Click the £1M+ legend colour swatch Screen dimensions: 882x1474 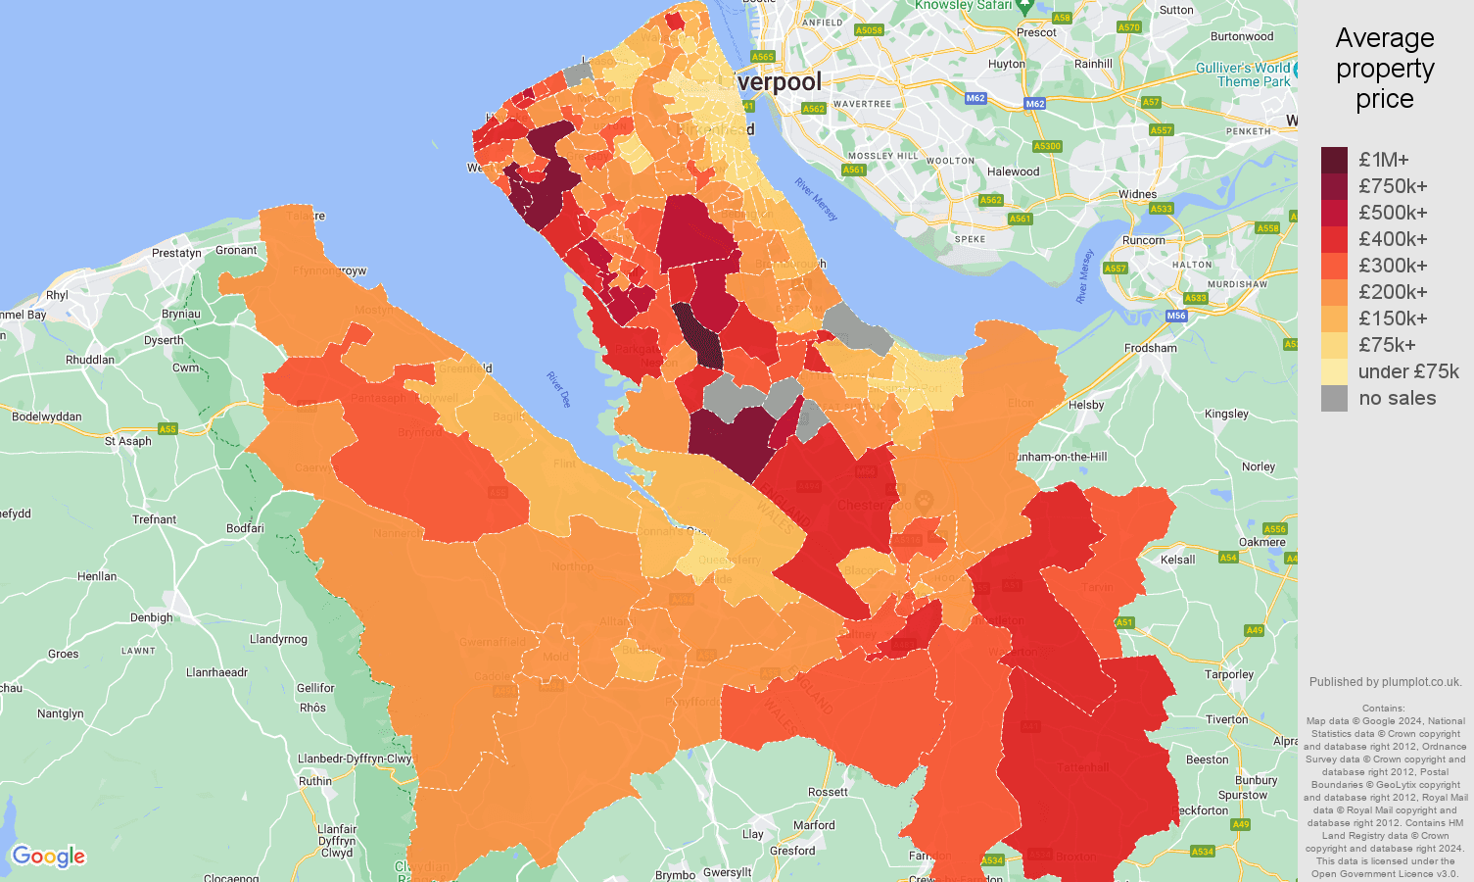1334,160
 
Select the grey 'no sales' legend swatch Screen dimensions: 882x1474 1334,398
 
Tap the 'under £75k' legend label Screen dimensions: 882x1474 1408,371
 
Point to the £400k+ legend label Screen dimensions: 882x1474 1393,239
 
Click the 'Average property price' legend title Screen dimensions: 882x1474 1385,69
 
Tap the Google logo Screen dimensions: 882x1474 49,857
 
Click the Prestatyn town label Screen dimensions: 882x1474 176,253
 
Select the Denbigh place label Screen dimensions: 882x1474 151,617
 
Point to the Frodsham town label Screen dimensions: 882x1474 1151,348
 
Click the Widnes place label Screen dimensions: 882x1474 1137,194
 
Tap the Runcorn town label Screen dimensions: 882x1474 1143,240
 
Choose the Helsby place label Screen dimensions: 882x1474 1086,405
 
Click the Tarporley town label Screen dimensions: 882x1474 1229,674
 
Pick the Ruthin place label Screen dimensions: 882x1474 314,781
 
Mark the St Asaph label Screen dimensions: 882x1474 128,441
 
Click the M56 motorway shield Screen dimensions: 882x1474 1176,316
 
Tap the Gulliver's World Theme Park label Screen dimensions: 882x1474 1244,74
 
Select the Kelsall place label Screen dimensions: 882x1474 1177,560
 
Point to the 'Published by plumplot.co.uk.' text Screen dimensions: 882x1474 1385,682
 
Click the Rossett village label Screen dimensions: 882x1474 828,792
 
